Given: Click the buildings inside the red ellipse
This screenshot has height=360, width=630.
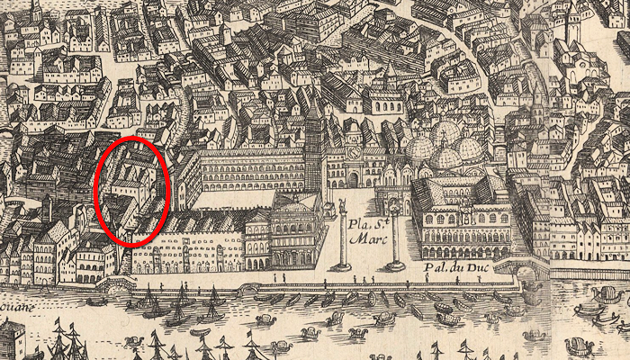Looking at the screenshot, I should [x=131, y=189].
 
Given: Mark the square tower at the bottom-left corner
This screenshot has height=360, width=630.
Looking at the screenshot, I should [x=11, y=340].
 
